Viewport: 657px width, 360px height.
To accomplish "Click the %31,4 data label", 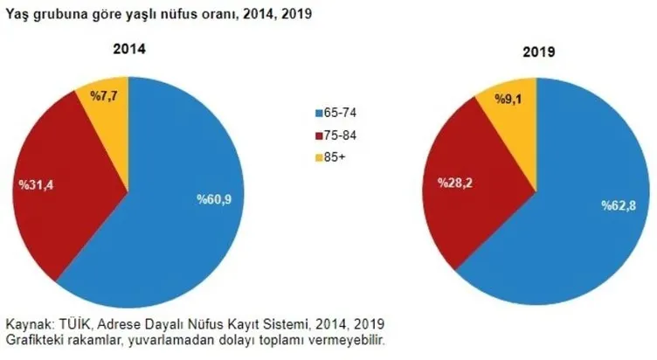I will (x=37, y=186).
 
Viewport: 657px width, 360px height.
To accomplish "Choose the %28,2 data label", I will (x=440, y=184).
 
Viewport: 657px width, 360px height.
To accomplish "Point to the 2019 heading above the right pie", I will (x=539, y=53).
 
